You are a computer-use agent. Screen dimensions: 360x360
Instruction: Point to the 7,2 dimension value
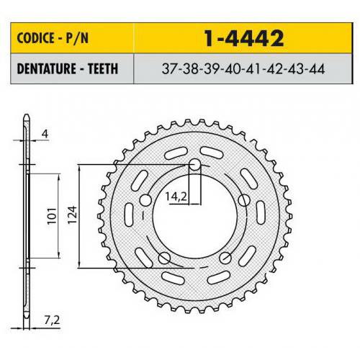(50, 316)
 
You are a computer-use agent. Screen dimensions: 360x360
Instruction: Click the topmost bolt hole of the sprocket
(194, 165)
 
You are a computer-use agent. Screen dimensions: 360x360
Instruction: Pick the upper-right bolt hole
(243, 200)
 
